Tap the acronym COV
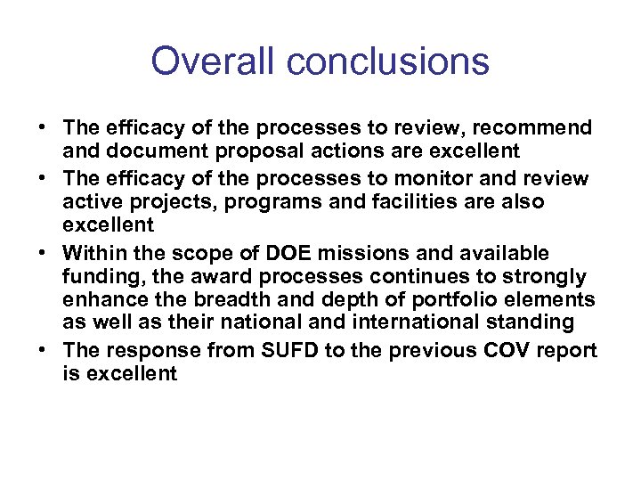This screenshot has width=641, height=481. pyautogui.click(x=507, y=350)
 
